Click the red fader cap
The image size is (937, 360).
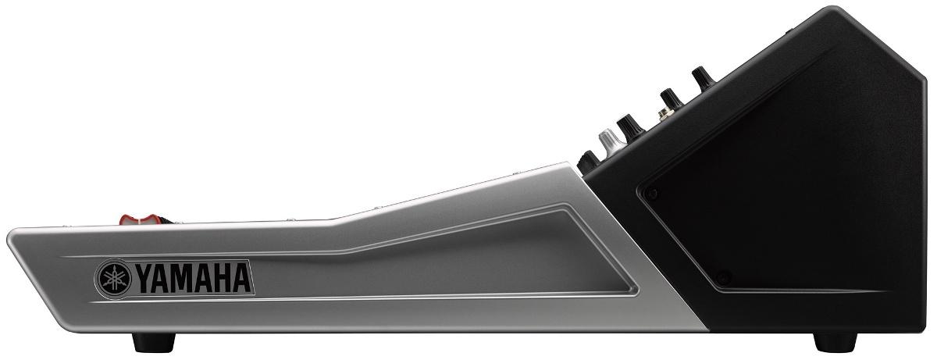coord(141,220)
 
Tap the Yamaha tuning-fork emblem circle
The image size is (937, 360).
coord(113,279)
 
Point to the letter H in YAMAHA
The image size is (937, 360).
coord(223,279)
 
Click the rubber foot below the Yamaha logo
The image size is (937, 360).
coord(153,342)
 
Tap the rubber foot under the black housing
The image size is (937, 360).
coord(835,342)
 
